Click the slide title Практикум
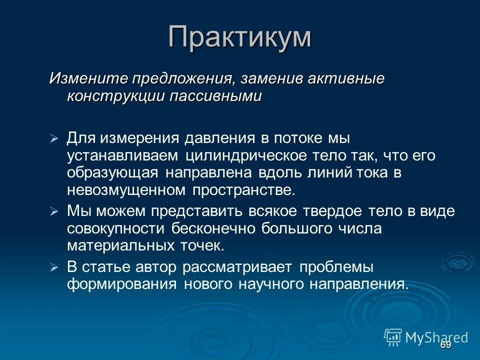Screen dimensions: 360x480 [239, 37]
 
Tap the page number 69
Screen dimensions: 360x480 [445, 345]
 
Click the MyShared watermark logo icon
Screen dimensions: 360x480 [393, 337]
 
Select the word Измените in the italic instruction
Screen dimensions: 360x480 [87, 79]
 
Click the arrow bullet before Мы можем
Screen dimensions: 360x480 [54, 212]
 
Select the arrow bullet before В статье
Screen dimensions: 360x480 [54, 268]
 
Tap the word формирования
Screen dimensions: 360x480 [122, 284]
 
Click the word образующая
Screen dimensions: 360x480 [113, 172]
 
